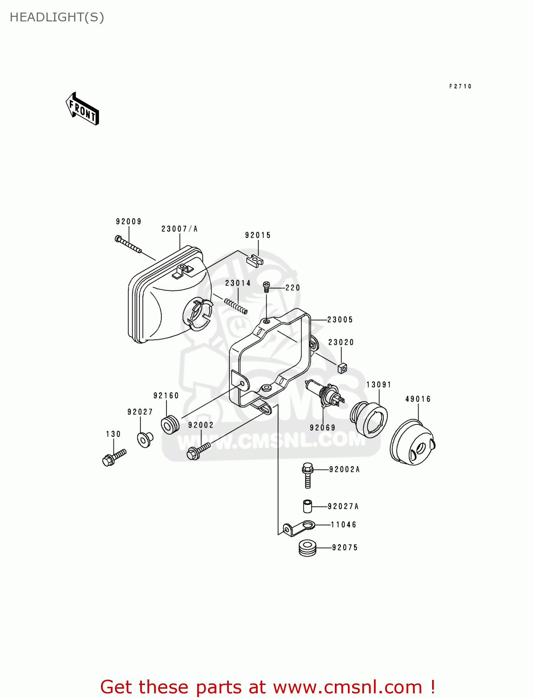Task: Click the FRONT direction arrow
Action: (82, 109)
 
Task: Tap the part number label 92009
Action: (128, 221)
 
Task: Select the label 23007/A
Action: (180, 229)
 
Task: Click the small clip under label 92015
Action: (254, 260)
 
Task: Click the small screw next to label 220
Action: (266, 287)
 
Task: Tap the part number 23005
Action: (340, 320)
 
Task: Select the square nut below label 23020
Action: (342, 368)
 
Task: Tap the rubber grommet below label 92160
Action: (170, 424)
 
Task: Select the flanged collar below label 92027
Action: (145, 439)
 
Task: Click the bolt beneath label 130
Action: (113, 457)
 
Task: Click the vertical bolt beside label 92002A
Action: (307, 475)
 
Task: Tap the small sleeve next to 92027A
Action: (306, 506)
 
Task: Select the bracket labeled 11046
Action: (299, 528)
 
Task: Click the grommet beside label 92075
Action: (307, 548)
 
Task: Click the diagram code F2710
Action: (460, 87)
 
